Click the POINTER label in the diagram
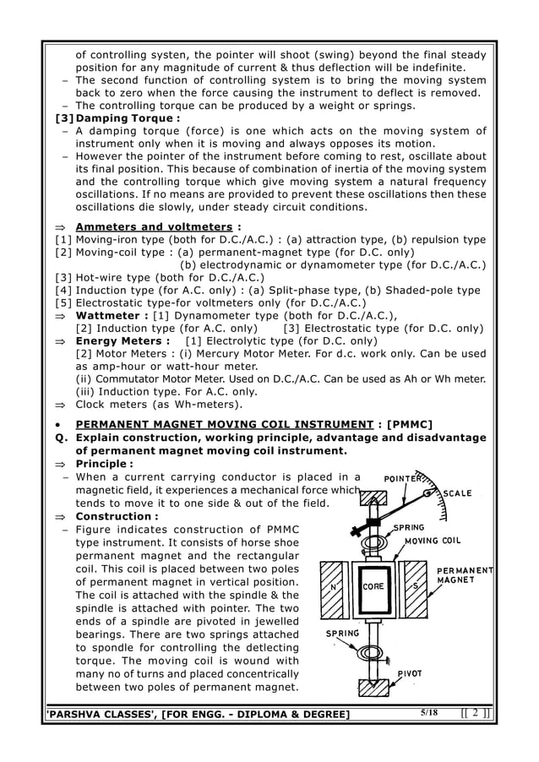click(x=406, y=478)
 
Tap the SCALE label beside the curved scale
click(x=459, y=494)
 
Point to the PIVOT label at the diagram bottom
click(x=412, y=674)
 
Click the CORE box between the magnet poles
click(x=373, y=585)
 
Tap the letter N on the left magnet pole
click(x=336, y=584)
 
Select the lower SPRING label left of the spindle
click(x=343, y=633)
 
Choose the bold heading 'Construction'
click(x=113, y=516)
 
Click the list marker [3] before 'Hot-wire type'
click(x=62, y=277)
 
